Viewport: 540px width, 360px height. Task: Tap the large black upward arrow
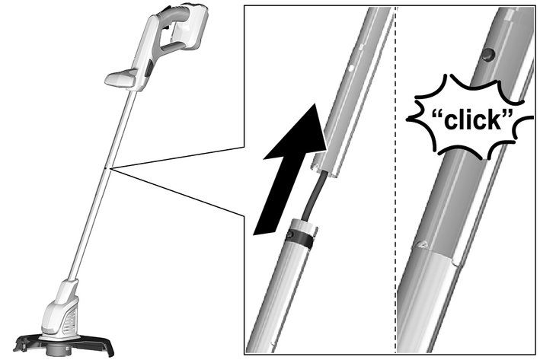point(289,172)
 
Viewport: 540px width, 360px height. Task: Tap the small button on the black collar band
point(289,235)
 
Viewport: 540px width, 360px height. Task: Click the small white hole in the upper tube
point(351,68)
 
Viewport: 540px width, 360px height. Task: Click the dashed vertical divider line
point(395,179)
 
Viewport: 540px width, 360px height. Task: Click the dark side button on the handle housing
point(149,68)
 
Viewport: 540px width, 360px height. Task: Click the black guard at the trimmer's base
point(64,345)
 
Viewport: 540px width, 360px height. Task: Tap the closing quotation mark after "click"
point(506,115)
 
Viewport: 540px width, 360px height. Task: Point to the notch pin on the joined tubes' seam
point(422,244)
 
